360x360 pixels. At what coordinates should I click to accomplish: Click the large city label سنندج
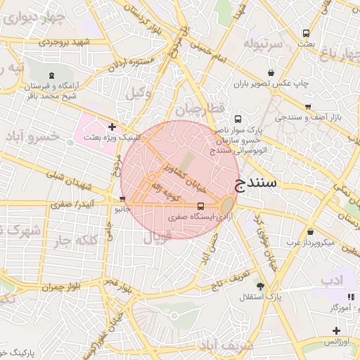pyautogui.click(x=254, y=185)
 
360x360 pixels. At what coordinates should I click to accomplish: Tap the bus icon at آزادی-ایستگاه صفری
pyautogui.click(x=202, y=207)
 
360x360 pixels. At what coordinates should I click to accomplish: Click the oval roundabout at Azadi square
pyautogui.click(x=228, y=206)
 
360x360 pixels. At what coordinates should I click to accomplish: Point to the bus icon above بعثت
pyautogui.click(x=306, y=33)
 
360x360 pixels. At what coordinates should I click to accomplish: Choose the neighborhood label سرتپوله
pyautogui.click(x=262, y=44)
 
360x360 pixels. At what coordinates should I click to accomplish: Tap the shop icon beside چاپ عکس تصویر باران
pyautogui.click(x=271, y=72)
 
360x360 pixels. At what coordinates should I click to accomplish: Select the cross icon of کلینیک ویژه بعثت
pyautogui.click(x=112, y=127)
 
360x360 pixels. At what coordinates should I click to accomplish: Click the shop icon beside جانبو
pyautogui.click(x=124, y=199)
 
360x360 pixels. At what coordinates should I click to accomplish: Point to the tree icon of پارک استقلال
pyautogui.click(x=260, y=286)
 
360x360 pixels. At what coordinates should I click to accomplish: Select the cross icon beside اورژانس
pyautogui.click(x=336, y=330)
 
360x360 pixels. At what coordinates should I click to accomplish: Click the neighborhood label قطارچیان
pyautogui.click(x=199, y=110)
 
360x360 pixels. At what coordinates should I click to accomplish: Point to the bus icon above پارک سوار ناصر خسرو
pyautogui.click(x=238, y=119)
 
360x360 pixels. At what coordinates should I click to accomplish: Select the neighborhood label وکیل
pyautogui.click(x=139, y=92)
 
